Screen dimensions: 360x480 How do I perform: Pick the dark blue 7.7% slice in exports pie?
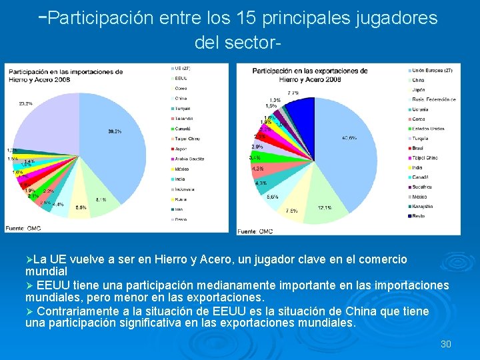tap(304, 110)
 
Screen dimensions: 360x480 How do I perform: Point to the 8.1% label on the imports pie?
tap(101, 199)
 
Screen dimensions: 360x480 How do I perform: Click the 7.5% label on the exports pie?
tap(292, 211)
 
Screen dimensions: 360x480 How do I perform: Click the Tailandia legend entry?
tap(186, 118)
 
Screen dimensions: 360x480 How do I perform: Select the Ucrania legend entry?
tap(421, 109)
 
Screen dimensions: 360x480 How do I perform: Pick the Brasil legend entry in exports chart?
tap(419, 148)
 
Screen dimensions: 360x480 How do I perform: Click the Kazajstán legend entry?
tap(423, 206)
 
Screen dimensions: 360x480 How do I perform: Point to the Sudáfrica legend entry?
tap(422, 187)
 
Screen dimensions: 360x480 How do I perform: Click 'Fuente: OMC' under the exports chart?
tap(255, 231)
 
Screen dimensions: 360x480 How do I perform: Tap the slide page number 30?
tap(446, 344)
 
